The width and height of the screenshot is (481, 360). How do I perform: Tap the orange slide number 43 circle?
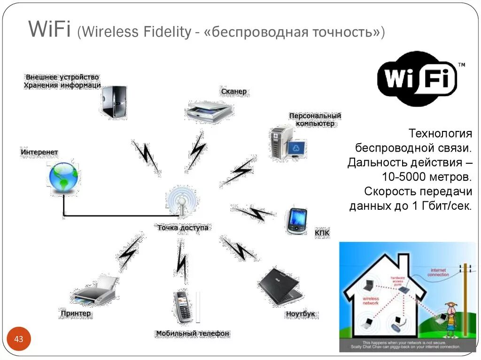[x=19, y=339]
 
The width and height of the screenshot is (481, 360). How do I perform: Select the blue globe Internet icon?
[x=63, y=177]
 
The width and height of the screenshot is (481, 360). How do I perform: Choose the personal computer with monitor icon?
[x=287, y=143]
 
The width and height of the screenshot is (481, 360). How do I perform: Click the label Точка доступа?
[x=183, y=228]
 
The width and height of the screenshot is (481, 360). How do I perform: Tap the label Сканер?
[x=233, y=92]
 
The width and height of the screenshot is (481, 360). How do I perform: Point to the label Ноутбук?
[x=300, y=314]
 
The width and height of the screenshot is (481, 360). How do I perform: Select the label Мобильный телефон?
[x=193, y=333]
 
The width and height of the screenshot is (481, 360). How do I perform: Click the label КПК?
[x=322, y=232]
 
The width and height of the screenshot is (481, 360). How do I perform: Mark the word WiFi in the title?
[x=49, y=30]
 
